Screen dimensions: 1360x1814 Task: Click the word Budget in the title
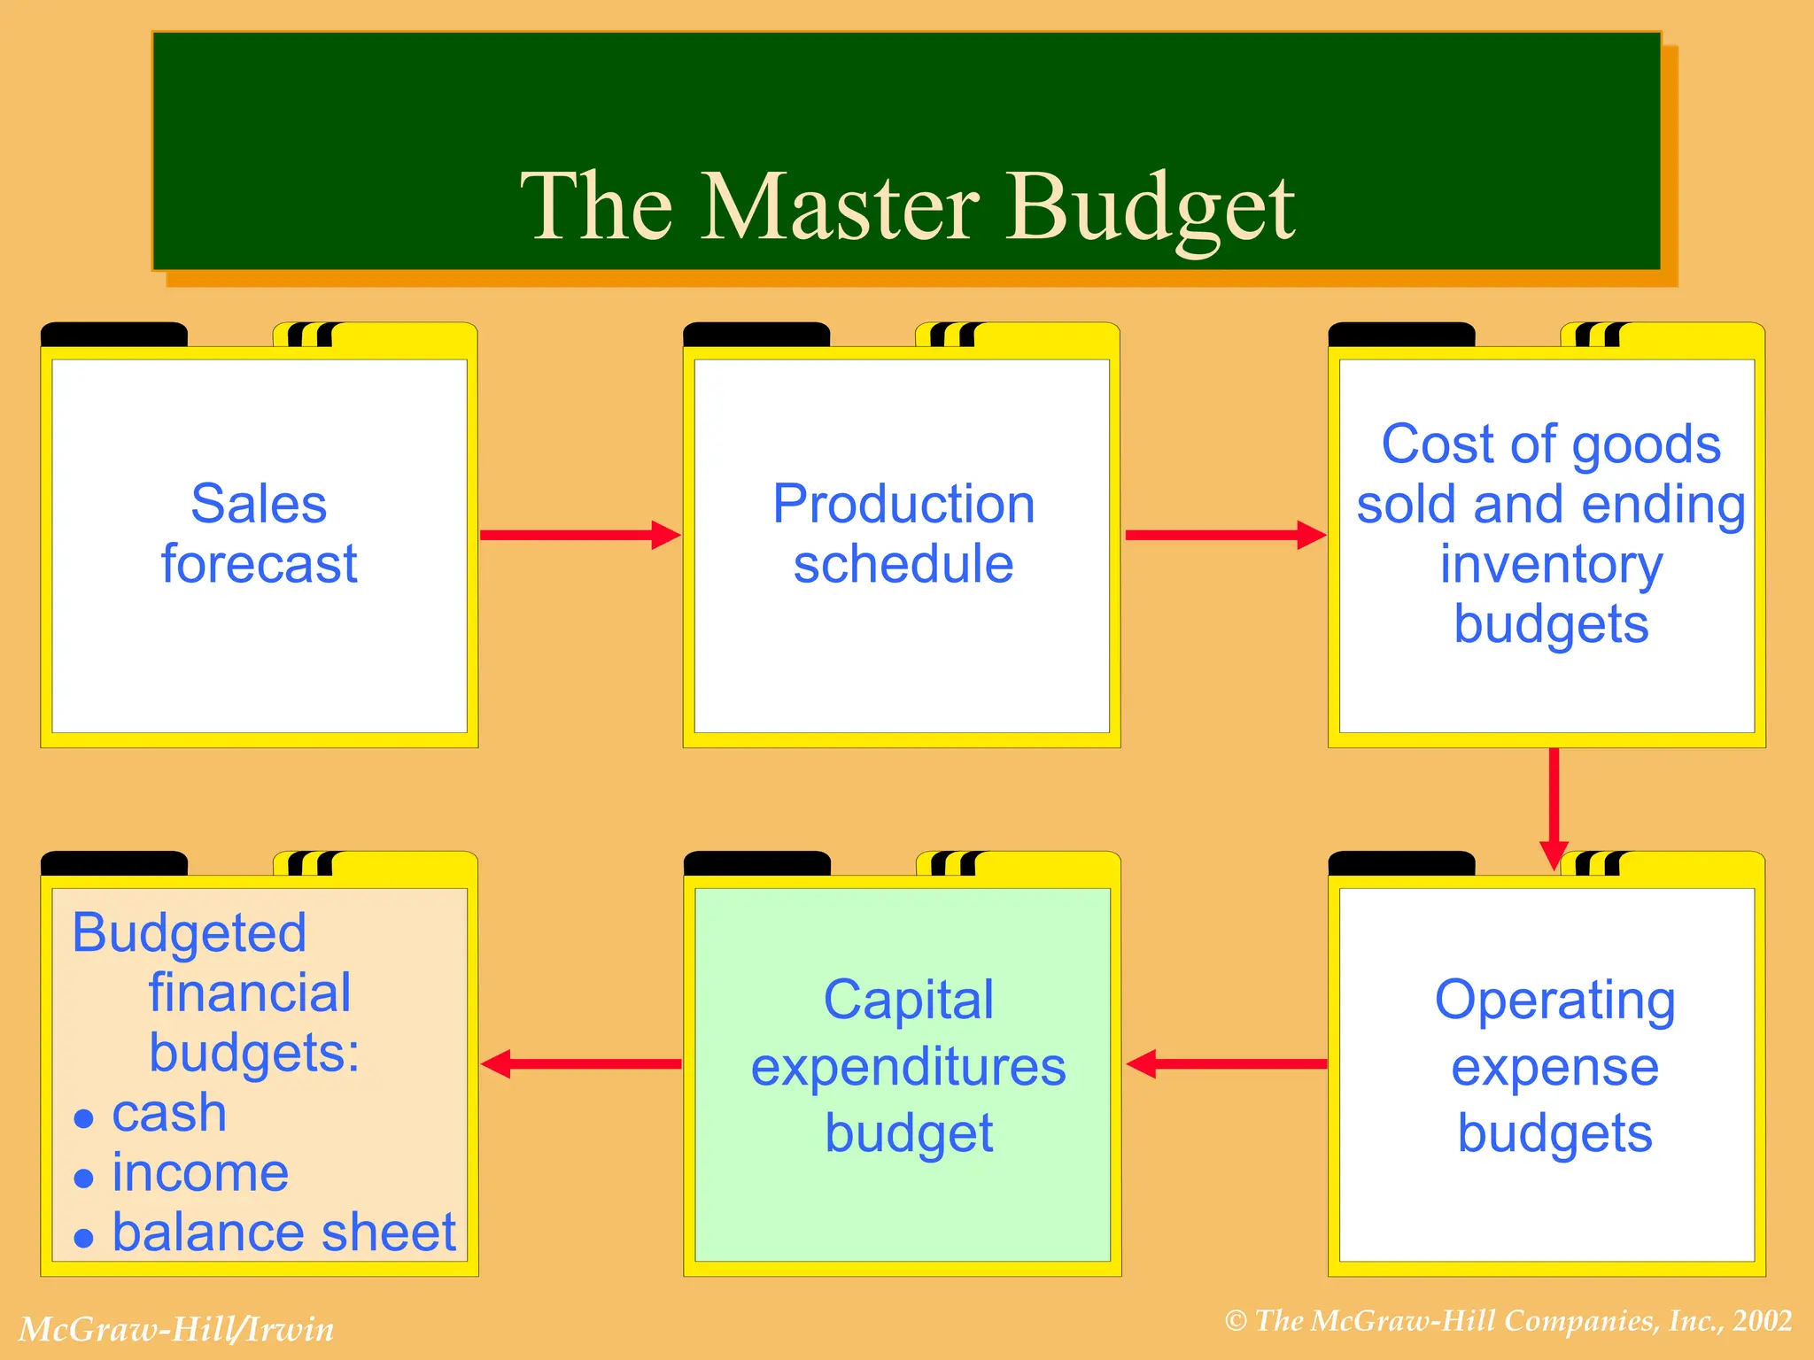tap(1151, 209)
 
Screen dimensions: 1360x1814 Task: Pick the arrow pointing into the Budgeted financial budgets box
tap(581, 1063)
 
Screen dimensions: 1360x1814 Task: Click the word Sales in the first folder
tap(259, 504)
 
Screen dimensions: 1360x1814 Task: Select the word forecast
tap(259, 564)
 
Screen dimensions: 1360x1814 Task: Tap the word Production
tap(903, 504)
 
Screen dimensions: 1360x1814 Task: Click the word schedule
tap(903, 564)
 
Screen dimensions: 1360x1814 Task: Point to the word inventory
tap(1551, 564)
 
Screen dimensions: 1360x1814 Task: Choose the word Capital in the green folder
tap(909, 1000)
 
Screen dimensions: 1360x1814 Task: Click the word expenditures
tap(909, 1066)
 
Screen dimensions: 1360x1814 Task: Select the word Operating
tap(1554, 1000)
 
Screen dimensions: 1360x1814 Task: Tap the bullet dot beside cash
tap(84, 1118)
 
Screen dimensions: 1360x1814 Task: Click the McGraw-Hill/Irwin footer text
tap(176, 1329)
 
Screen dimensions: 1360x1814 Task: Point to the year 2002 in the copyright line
tap(1763, 1321)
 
